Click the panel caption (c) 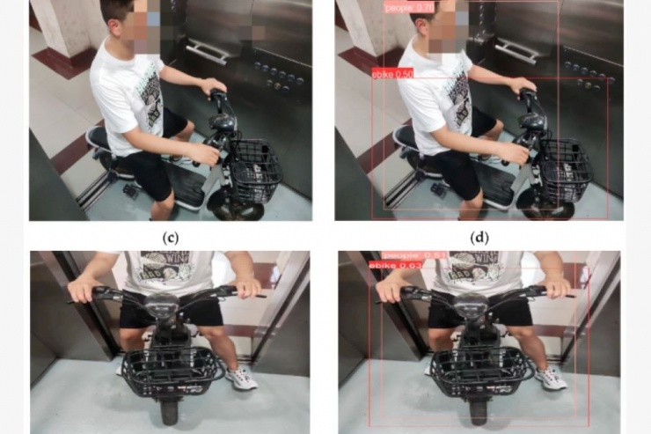[x=171, y=237]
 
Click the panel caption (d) [x=479, y=237]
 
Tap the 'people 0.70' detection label [x=409, y=8]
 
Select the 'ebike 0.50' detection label [x=393, y=74]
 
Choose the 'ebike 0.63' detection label [x=396, y=264]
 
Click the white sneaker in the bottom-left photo [x=241, y=379]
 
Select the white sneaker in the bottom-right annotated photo [x=551, y=379]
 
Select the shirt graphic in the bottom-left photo [x=167, y=265]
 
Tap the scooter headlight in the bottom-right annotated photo [x=478, y=307]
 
